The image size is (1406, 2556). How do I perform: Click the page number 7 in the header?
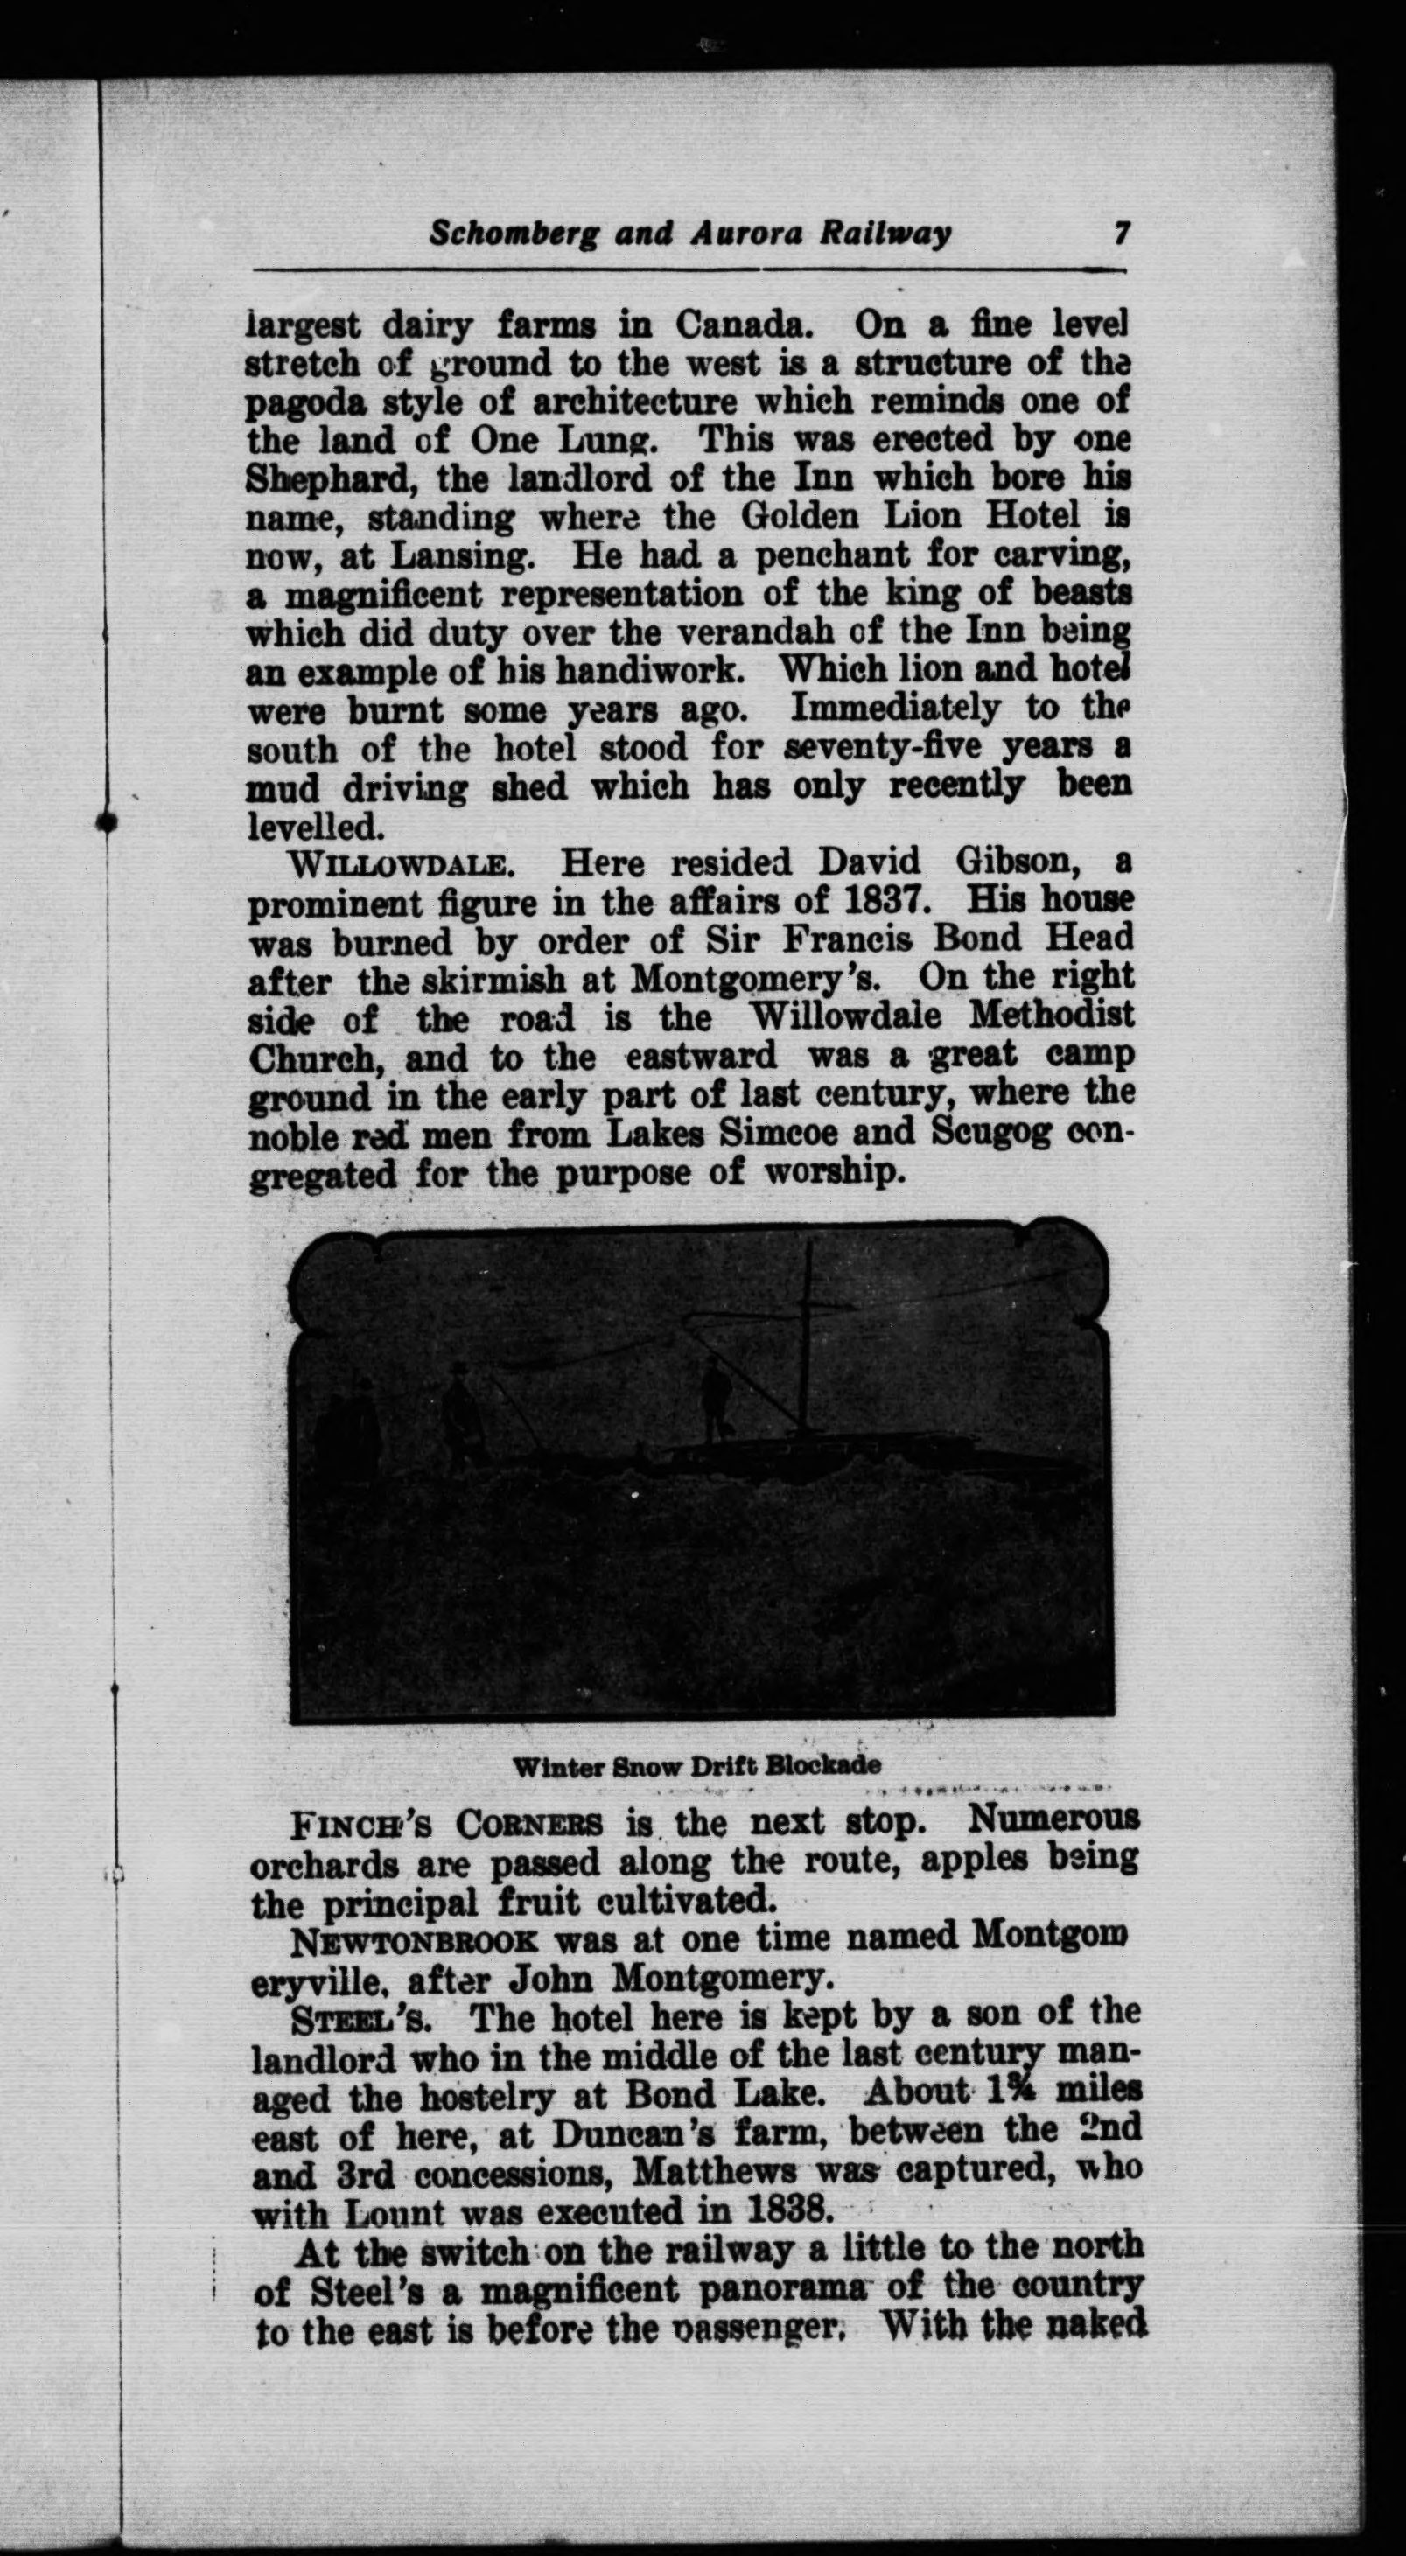1122,234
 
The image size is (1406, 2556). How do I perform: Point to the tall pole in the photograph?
808,1330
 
